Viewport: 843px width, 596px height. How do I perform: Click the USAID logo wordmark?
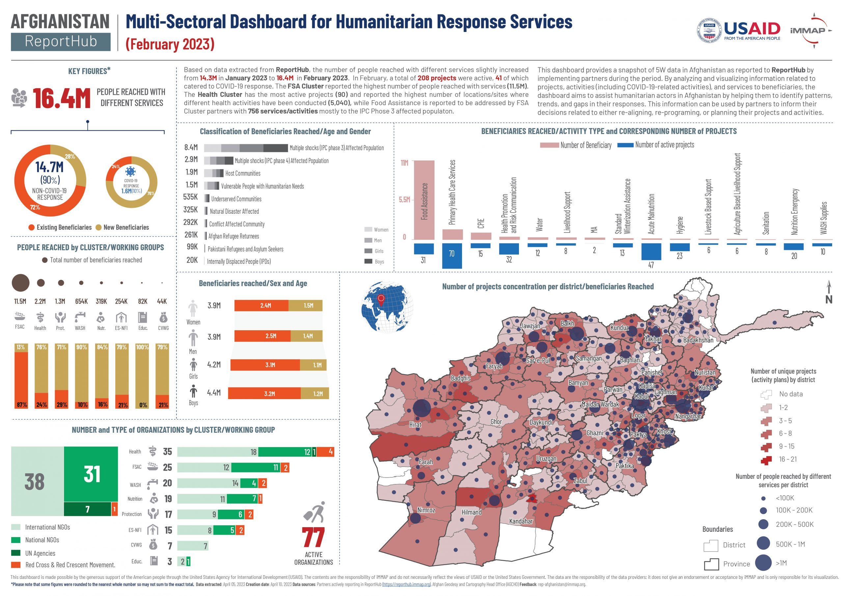click(x=751, y=28)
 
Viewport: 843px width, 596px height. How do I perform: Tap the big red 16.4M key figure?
click(x=61, y=98)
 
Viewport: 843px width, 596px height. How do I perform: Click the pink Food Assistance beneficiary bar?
click(x=424, y=200)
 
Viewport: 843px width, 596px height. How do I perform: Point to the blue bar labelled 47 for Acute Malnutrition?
click(x=651, y=252)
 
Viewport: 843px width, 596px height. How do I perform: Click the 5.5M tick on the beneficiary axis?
click(x=404, y=200)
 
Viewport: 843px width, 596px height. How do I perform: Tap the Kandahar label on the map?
click(x=521, y=521)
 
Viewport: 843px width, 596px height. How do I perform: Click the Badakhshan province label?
click(x=698, y=340)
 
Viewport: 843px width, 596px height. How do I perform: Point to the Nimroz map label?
click(x=426, y=510)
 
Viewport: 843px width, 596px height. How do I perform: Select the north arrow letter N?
click(x=829, y=300)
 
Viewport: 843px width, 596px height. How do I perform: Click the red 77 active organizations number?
click(x=313, y=538)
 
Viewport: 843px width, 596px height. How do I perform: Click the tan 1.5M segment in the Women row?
click(x=306, y=306)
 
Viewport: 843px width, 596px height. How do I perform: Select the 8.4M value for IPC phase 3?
click(x=191, y=148)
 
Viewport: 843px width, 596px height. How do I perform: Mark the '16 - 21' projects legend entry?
click(x=778, y=459)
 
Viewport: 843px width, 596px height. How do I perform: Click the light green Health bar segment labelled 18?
click(x=218, y=452)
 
